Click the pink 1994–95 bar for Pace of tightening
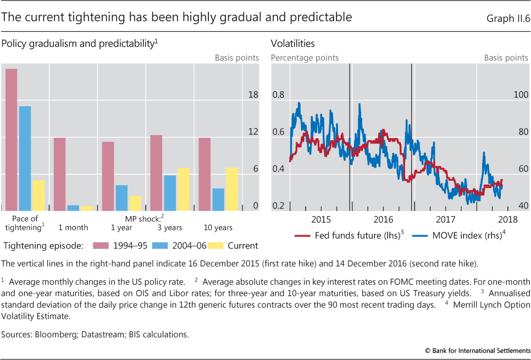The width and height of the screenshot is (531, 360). [x=11, y=140]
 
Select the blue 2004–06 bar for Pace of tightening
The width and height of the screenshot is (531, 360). [x=25, y=158]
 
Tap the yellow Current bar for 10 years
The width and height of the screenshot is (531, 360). [x=231, y=189]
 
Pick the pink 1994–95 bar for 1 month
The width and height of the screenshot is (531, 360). [x=59, y=174]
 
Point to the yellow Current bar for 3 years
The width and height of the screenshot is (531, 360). [x=183, y=189]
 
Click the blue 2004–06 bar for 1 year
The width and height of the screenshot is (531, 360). [x=121, y=197]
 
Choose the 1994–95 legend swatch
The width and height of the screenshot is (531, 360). [x=102, y=246]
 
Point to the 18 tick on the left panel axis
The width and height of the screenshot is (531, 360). [x=253, y=95]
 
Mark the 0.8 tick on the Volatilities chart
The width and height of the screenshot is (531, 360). [x=279, y=95]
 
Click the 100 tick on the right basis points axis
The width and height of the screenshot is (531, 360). [x=521, y=95]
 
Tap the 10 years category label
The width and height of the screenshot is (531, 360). [x=218, y=228]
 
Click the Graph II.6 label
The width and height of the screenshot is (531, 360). [x=506, y=18]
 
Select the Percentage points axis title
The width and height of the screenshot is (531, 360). [x=305, y=58]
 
